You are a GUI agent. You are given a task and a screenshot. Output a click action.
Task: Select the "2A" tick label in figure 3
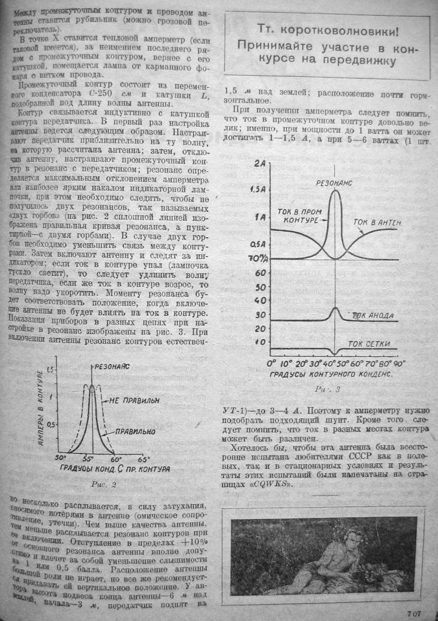(261, 164)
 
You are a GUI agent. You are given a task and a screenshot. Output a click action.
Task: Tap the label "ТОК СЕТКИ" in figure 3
(369, 344)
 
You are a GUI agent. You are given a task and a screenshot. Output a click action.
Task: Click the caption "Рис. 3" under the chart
(328, 389)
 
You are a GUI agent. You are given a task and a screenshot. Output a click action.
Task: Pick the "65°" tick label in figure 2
(142, 459)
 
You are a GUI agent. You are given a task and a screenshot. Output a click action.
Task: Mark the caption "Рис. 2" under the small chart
(100, 485)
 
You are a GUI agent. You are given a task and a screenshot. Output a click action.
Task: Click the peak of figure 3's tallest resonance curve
(335, 191)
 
